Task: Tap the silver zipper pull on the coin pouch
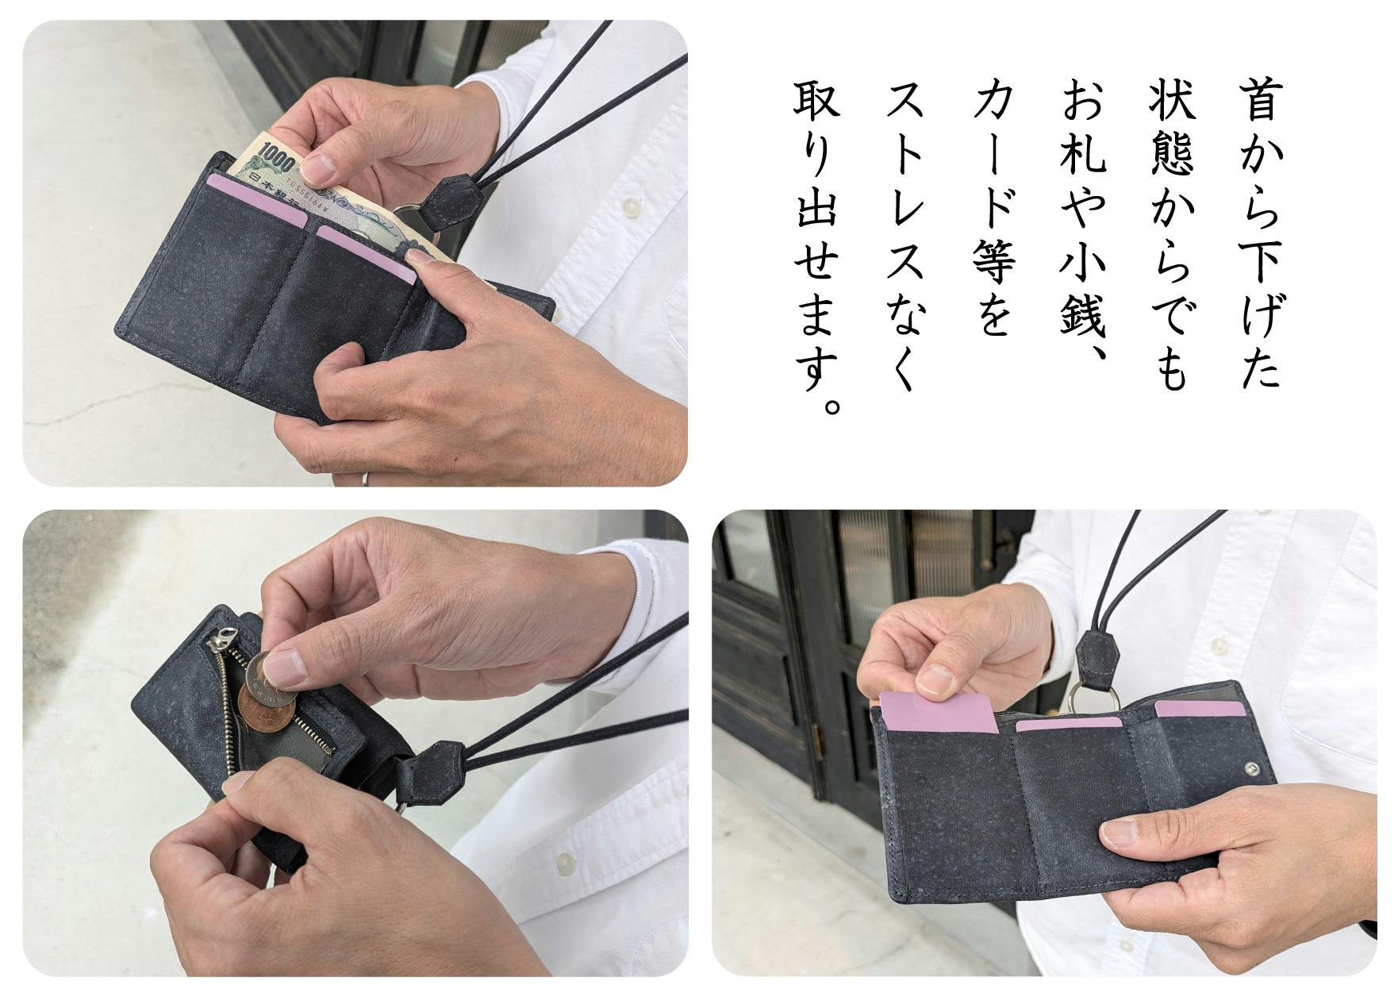(225, 637)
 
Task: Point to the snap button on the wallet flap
(1251, 769)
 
